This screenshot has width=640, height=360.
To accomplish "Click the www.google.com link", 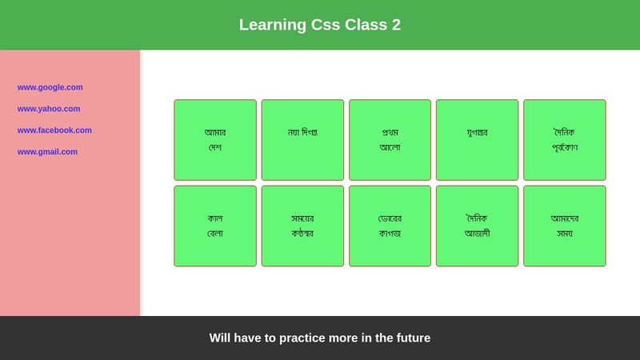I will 50,87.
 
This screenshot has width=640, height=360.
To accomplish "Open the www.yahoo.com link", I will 49,109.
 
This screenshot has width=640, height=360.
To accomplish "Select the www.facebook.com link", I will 54,130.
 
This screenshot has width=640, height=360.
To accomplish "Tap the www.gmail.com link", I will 47,152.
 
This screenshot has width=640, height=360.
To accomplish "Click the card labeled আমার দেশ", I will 215,140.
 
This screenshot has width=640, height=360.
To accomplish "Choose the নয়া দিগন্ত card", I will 302,140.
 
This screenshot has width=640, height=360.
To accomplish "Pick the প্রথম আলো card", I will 390,140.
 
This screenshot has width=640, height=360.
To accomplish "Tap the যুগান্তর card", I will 477,140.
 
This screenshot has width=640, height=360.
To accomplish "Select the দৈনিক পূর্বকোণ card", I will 564,140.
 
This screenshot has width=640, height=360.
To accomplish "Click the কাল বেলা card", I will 215,226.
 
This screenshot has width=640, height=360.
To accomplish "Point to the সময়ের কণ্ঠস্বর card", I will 302,226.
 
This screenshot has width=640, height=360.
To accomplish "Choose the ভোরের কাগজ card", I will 390,226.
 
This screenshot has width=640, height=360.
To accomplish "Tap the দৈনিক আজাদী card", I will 477,226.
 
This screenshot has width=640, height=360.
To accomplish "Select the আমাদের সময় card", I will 564,226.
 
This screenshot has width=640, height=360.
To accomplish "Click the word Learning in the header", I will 273,25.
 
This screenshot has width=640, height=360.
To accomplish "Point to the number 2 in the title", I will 396,25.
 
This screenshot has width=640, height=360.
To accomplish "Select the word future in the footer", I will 410,338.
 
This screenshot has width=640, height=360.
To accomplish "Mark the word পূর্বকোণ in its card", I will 564,148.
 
